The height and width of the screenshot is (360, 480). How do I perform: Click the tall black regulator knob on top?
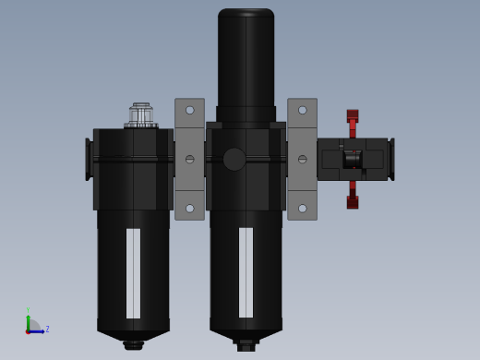click(x=246, y=60)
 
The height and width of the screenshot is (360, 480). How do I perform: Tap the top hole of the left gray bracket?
click(x=190, y=110)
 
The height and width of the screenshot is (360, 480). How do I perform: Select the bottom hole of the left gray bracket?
click(x=190, y=209)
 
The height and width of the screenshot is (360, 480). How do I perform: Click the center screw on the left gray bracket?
click(x=190, y=160)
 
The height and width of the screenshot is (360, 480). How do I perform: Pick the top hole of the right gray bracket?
click(x=303, y=110)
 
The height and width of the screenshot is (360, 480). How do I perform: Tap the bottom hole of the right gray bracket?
click(x=303, y=209)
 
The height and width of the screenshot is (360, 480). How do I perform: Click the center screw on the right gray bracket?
click(x=303, y=160)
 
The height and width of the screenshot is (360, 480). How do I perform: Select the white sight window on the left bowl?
click(x=134, y=272)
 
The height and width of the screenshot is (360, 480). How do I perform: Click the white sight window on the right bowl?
click(x=246, y=272)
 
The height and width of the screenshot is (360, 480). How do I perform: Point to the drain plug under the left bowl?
click(x=134, y=345)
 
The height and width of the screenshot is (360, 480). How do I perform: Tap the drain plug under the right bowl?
click(x=246, y=346)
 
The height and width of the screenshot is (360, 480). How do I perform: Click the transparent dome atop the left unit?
click(x=141, y=115)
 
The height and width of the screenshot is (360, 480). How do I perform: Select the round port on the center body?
click(x=234, y=160)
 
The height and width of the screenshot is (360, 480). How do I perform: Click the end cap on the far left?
click(x=89, y=159)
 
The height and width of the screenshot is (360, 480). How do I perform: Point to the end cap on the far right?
click(x=391, y=159)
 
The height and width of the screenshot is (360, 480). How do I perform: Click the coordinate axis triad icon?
click(x=33, y=325)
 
